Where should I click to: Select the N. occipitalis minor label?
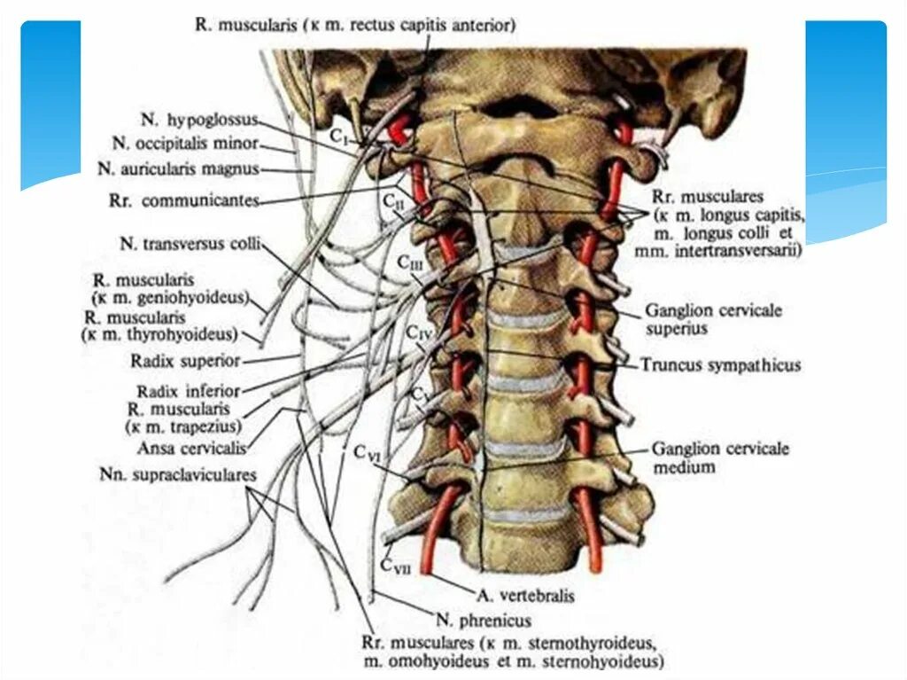[x=185, y=143]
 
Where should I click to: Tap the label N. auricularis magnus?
[x=178, y=168]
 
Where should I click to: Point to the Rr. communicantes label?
[x=182, y=201]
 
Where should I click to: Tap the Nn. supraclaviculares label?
[x=178, y=475]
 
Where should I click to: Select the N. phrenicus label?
[x=483, y=621]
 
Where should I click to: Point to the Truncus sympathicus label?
[x=721, y=365]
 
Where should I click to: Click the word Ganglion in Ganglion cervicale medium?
[x=683, y=449]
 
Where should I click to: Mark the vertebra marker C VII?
[x=393, y=563]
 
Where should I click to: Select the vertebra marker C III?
[x=410, y=263]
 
